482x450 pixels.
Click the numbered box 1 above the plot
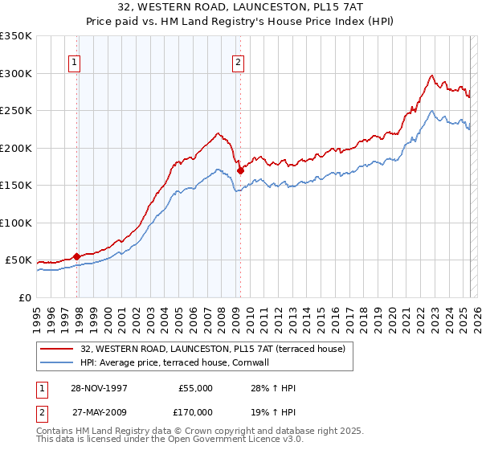(74, 63)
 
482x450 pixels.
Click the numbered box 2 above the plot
(239, 63)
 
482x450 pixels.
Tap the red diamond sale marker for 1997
(77, 256)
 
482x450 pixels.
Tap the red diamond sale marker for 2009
(240, 170)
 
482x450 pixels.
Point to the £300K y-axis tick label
(16, 73)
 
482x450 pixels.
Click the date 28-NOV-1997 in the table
(99, 388)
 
